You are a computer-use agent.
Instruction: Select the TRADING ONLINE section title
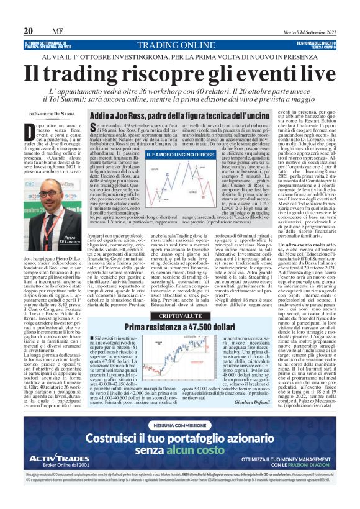(x=179, y=45)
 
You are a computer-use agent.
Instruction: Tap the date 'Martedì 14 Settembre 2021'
(x=305, y=31)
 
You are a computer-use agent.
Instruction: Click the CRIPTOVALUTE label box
(x=179, y=316)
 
